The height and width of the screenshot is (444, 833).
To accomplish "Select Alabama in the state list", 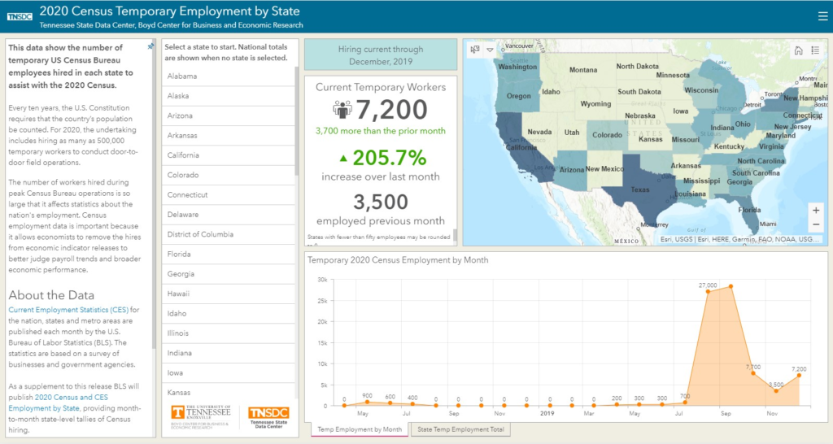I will click(183, 76).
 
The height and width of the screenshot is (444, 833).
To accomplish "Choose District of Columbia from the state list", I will click(200, 234).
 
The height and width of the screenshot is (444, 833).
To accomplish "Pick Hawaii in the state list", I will click(179, 294).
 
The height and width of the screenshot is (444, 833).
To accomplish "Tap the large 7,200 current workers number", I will click(391, 109).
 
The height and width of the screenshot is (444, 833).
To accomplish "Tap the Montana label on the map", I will click(582, 70).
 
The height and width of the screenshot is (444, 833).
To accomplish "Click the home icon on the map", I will click(799, 50).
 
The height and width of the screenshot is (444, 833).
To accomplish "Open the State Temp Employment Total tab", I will click(460, 429).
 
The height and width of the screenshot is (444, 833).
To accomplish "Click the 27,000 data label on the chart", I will click(708, 285).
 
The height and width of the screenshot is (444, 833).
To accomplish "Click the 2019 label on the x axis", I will click(548, 413).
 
